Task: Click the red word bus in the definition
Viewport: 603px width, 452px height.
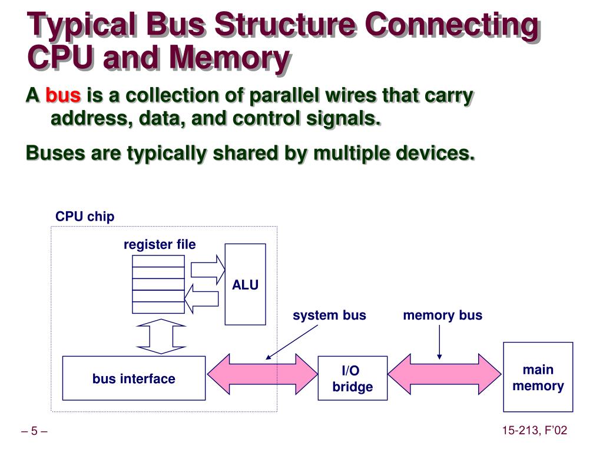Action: point(63,95)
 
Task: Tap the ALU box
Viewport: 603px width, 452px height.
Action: point(246,284)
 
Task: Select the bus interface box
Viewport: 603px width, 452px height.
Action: point(134,378)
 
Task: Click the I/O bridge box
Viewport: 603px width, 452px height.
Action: point(353,378)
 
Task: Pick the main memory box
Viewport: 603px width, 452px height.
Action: point(538,377)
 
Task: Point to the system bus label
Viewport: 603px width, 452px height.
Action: point(329,315)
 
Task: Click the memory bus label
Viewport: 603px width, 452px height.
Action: point(442,315)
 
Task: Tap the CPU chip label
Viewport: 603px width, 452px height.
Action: point(85,217)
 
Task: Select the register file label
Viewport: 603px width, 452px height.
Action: point(160,244)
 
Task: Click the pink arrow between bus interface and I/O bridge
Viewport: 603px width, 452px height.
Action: point(262,374)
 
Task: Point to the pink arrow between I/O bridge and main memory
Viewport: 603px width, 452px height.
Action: point(445,374)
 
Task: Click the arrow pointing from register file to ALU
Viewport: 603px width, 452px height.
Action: point(208,270)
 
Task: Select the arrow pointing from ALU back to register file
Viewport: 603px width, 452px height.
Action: point(201,299)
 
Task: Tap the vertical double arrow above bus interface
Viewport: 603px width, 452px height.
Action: point(161,336)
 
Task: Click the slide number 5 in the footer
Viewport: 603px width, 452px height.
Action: point(34,431)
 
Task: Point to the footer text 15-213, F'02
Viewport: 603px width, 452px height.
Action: point(535,430)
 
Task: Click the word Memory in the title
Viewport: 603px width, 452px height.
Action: point(230,58)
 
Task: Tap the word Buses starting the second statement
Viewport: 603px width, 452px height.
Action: point(55,152)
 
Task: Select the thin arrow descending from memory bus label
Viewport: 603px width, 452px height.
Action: point(439,343)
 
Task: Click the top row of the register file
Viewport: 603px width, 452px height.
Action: point(158,261)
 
